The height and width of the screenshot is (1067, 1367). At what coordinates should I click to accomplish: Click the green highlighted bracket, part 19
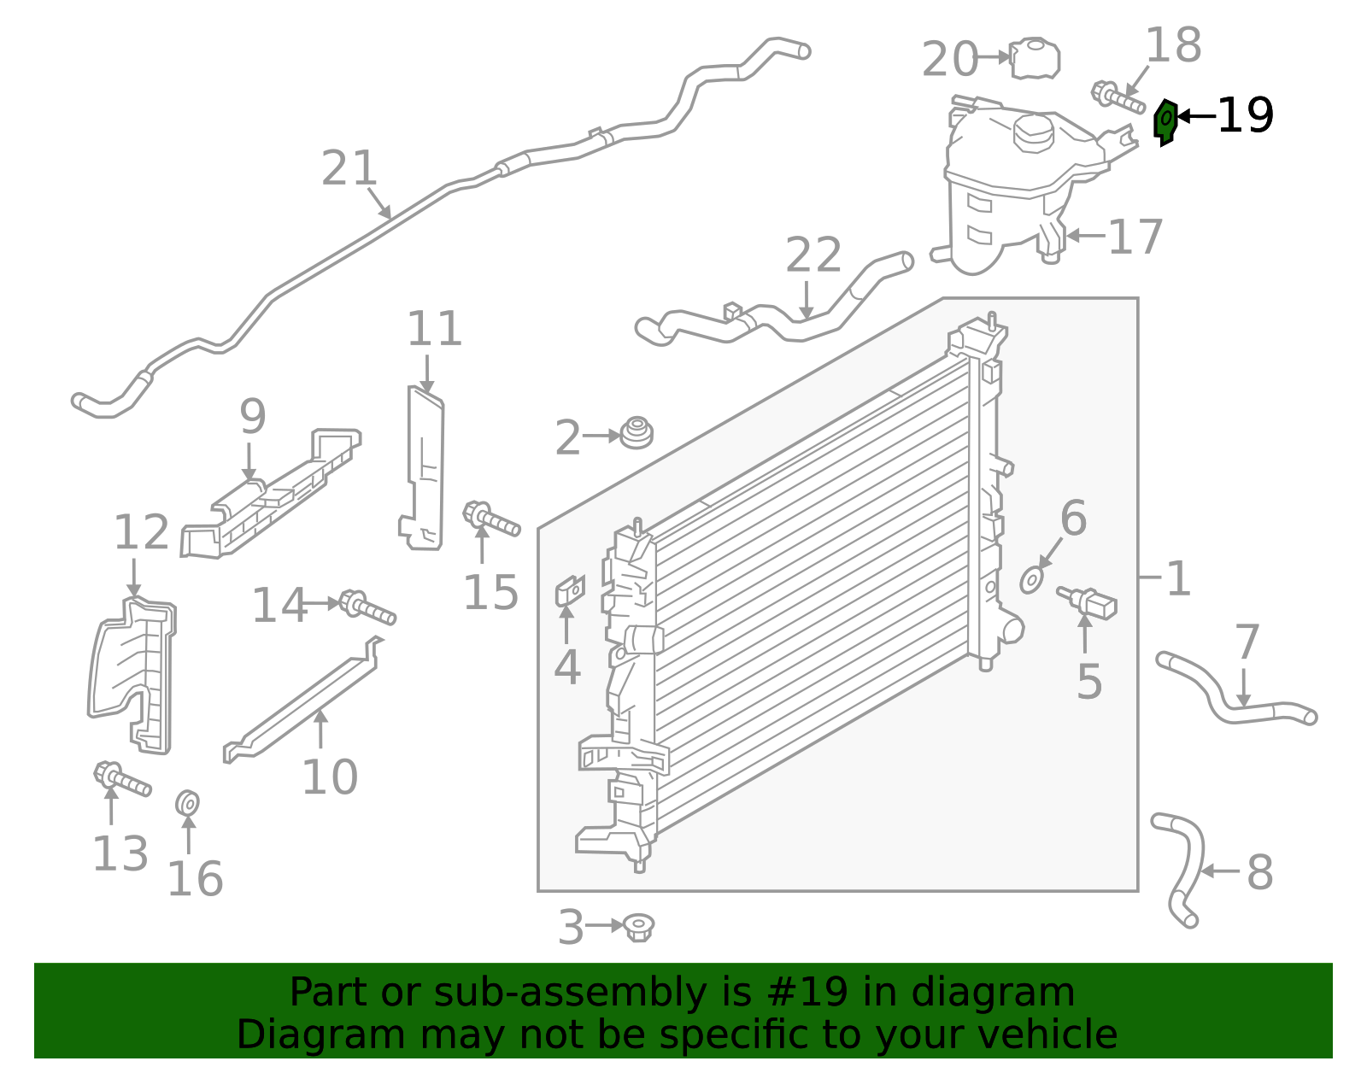tap(1165, 121)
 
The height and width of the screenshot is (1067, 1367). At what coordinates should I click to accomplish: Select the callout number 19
tap(1245, 116)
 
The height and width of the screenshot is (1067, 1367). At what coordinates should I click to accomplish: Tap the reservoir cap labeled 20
tap(1035, 59)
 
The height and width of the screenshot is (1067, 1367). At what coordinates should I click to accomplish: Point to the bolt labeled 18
tap(1117, 97)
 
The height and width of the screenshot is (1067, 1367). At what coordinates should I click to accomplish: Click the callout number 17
tap(1135, 237)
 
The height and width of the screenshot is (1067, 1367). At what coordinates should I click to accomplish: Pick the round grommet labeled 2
tap(636, 433)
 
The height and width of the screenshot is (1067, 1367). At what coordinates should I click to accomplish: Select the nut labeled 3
tap(638, 927)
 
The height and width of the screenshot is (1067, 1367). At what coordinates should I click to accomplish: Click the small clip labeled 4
tap(570, 590)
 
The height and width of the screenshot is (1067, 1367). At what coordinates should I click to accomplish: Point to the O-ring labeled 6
tap(1032, 581)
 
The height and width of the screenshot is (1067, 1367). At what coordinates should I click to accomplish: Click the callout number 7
tap(1247, 642)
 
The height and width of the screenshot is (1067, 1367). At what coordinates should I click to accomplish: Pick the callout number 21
tap(349, 168)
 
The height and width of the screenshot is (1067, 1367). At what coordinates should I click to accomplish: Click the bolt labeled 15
tap(490, 518)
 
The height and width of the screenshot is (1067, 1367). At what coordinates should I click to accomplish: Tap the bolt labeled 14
tap(367, 607)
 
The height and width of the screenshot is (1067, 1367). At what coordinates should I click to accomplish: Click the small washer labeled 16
tap(187, 803)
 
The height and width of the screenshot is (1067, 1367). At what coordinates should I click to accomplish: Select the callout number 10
tap(329, 777)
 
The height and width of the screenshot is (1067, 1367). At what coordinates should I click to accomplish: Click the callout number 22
tap(813, 255)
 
